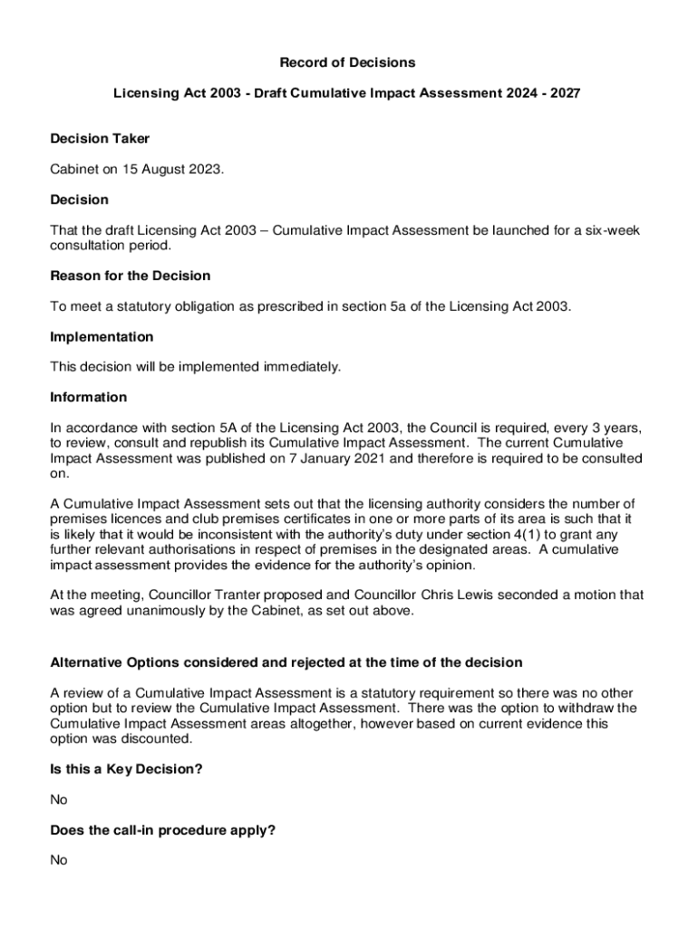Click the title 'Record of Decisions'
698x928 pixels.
347,63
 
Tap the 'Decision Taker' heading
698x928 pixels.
100,139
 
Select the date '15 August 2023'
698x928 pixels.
176,169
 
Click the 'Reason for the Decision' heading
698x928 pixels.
131,275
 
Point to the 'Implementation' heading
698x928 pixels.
102,337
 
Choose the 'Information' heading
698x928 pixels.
89,397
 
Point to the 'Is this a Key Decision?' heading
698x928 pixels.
126,769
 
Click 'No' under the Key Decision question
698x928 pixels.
59,800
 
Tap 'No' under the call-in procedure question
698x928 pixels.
59,860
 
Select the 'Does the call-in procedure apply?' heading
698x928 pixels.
162,829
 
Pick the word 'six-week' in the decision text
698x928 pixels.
611,230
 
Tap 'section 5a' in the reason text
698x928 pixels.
373,306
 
